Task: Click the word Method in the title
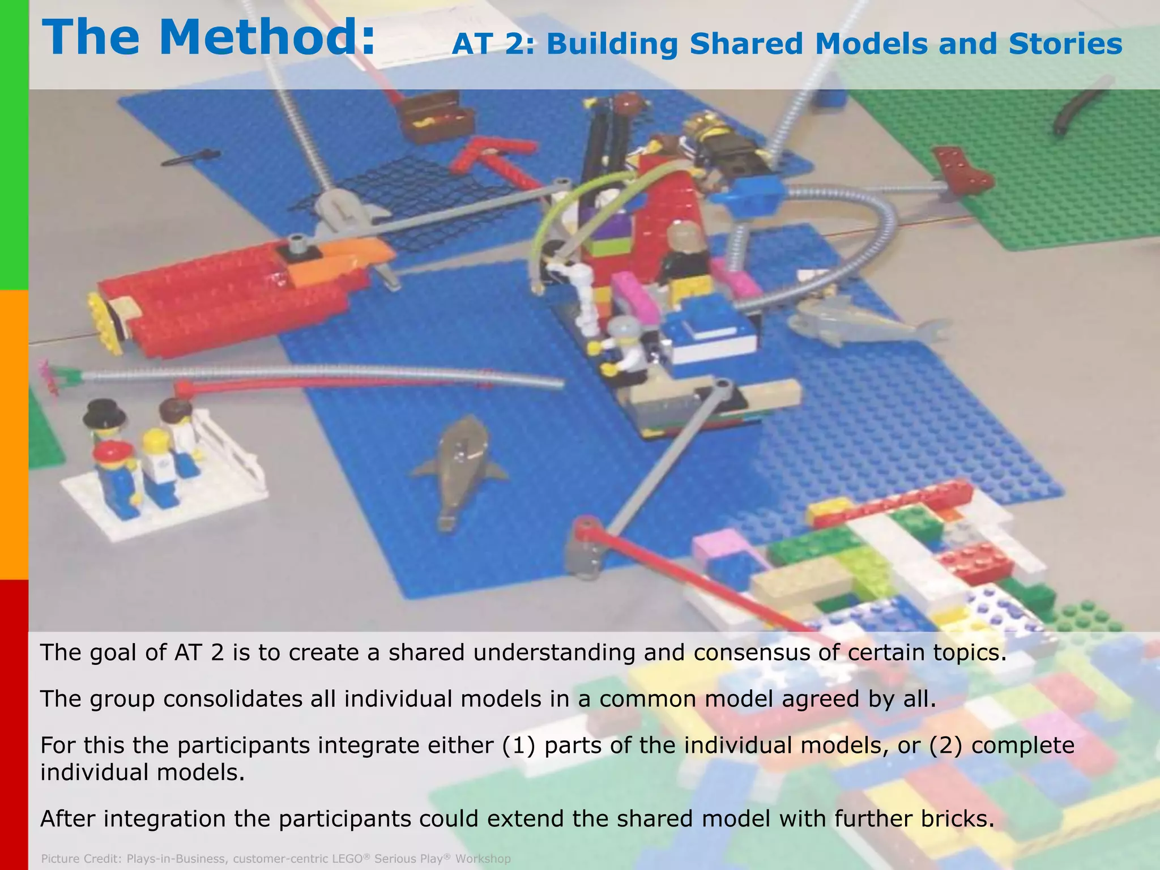[266, 37]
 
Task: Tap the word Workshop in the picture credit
[483, 859]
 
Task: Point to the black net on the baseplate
[396, 198]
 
